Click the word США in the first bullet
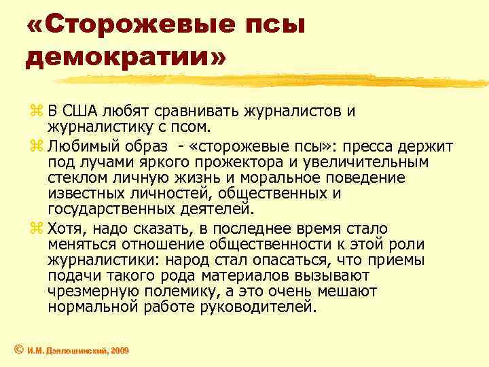86,111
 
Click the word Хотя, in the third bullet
70,229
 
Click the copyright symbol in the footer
20,349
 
